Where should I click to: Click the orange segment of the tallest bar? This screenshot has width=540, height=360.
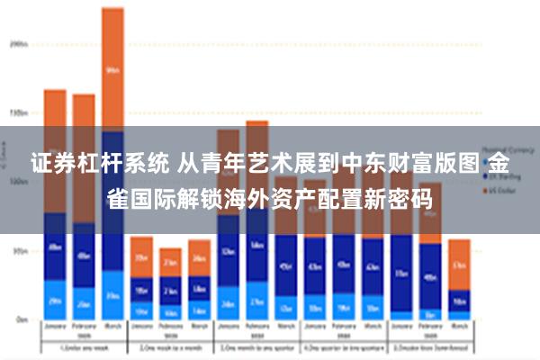coord(112,67)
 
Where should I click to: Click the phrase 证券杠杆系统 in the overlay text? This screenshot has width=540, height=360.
coord(85,164)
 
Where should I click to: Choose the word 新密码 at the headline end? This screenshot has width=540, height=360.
coord(396,197)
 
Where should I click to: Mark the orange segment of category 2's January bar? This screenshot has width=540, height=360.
coord(141,256)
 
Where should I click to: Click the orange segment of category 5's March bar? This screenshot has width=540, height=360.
coord(459,264)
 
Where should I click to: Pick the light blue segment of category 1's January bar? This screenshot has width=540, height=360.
coord(55,301)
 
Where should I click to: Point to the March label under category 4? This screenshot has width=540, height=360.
coord(373,328)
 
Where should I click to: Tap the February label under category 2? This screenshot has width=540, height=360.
coord(170,328)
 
